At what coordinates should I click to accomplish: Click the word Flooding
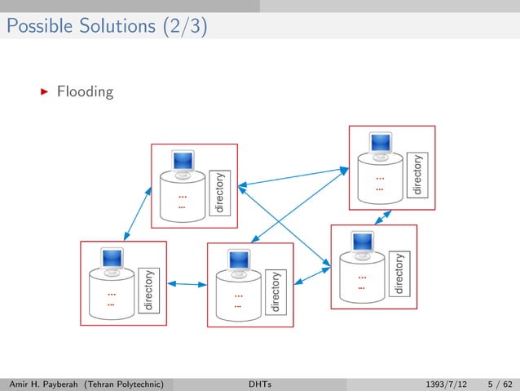pos(85,91)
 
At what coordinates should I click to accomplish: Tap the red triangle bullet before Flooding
pos(45,91)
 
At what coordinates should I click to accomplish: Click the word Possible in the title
pos(33,27)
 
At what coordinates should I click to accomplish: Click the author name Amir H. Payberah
pos(45,382)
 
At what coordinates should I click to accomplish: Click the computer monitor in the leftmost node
pos(111,260)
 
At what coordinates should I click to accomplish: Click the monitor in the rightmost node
pos(362,243)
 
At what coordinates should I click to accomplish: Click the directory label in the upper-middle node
pos(218,193)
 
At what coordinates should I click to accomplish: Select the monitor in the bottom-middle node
pos(239,261)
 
